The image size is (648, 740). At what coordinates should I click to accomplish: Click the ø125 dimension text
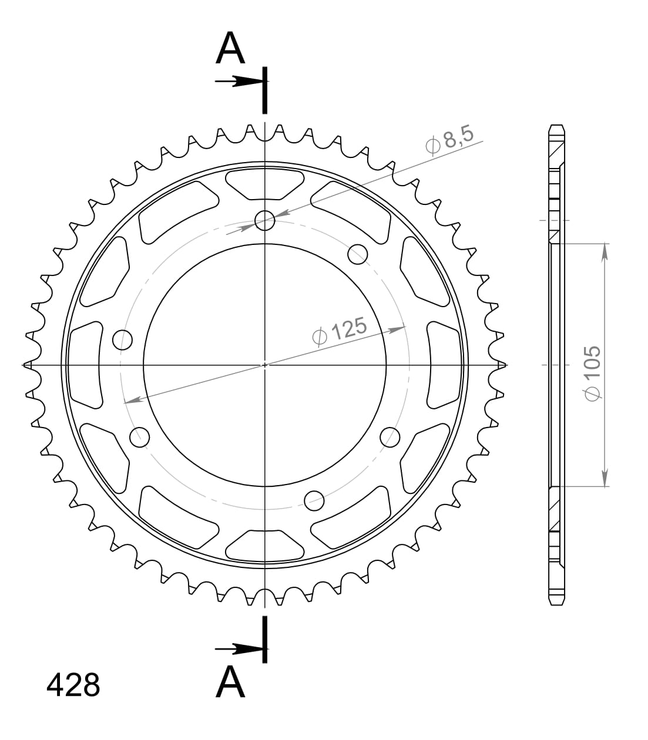(x=340, y=332)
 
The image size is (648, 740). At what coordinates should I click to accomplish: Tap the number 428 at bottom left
(x=73, y=685)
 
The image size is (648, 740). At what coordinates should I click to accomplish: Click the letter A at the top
(x=230, y=48)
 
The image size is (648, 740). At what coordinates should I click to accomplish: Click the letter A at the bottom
(x=230, y=682)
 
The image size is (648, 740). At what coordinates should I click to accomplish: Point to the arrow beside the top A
(x=238, y=82)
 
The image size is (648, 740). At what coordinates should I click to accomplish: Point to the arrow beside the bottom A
(x=238, y=649)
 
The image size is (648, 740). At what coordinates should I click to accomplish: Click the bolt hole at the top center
(x=265, y=221)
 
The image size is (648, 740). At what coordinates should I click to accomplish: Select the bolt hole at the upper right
(x=358, y=254)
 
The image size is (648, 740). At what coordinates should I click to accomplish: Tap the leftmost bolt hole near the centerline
(x=122, y=339)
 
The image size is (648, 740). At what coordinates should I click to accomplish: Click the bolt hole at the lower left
(x=139, y=436)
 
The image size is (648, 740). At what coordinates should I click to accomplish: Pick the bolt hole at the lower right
(x=390, y=437)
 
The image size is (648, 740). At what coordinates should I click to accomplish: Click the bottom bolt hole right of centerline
(x=314, y=500)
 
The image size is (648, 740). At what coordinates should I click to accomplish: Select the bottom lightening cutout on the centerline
(x=265, y=545)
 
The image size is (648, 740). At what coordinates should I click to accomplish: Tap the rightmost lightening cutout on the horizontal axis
(x=445, y=364)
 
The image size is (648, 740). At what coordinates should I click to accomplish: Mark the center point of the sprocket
(x=265, y=365)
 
